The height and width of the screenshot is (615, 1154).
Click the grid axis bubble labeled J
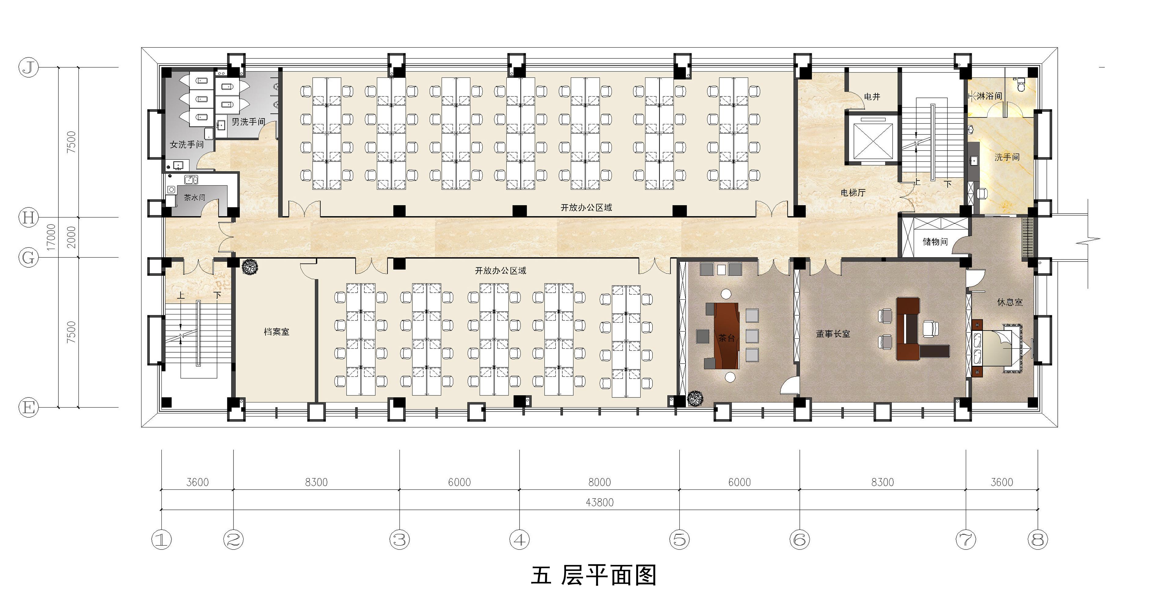(x=28, y=68)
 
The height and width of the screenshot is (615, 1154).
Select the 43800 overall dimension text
(x=599, y=502)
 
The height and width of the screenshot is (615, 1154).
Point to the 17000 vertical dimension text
(x=52, y=237)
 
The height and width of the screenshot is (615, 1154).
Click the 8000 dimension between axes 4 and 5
(x=599, y=482)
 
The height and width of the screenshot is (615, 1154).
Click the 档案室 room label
(x=276, y=332)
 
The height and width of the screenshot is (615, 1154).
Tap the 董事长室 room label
(x=833, y=334)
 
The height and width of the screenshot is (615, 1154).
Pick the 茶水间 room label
(x=194, y=198)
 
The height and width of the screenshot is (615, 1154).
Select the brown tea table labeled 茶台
(x=727, y=335)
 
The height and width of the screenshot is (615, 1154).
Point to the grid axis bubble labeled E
(x=28, y=408)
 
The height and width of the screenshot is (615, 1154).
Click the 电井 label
(x=872, y=96)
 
